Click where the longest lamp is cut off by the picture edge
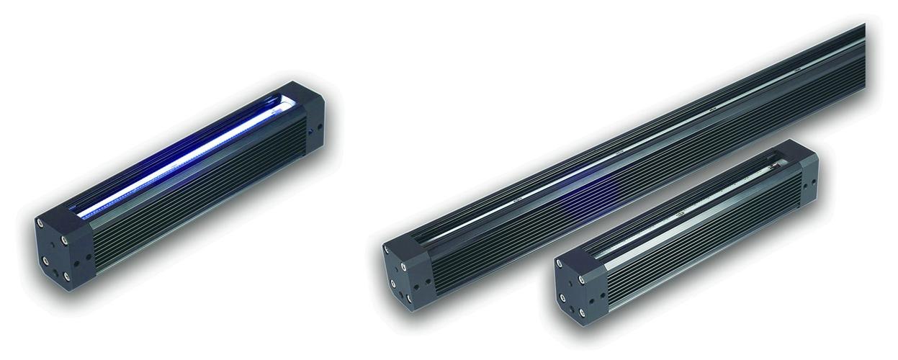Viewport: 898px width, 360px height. point(861,58)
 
